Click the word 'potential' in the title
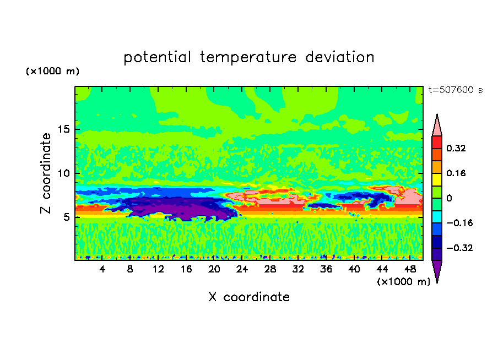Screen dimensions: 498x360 point(157,57)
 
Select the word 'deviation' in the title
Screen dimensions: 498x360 point(340,57)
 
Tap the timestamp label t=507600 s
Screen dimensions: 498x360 point(456,90)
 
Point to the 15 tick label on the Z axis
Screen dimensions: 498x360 point(63,129)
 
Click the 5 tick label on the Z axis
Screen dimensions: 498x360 point(66,217)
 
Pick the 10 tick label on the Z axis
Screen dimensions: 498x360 point(63,173)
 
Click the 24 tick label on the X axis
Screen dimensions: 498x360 point(242,269)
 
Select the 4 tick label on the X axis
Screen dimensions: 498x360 point(102,269)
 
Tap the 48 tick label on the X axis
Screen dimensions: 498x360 point(410,269)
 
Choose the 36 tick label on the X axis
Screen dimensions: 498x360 point(326,269)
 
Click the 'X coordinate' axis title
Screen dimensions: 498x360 point(249,297)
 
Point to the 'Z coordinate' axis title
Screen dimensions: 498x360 point(46,173)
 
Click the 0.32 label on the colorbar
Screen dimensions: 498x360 point(456,148)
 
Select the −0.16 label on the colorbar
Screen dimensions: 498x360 point(459,223)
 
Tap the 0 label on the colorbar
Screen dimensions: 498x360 point(449,198)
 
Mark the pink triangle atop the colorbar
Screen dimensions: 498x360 point(437,125)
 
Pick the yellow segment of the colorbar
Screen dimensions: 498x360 point(437,179)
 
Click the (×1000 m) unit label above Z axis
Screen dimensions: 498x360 point(52,71)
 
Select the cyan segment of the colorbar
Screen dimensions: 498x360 point(437,217)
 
